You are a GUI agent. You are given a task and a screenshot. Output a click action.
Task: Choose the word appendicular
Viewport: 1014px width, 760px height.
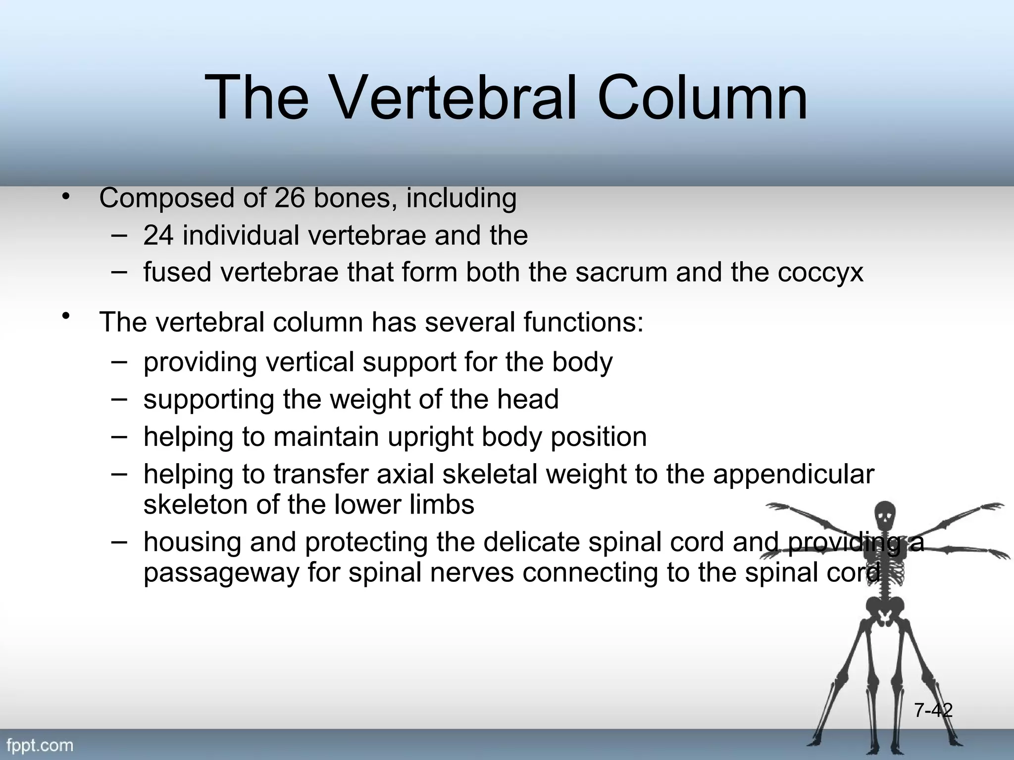(793, 475)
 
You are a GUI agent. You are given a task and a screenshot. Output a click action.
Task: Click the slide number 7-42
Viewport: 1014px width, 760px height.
(933, 711)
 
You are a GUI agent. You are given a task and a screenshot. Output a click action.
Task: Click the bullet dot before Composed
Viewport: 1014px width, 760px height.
(65, 197)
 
